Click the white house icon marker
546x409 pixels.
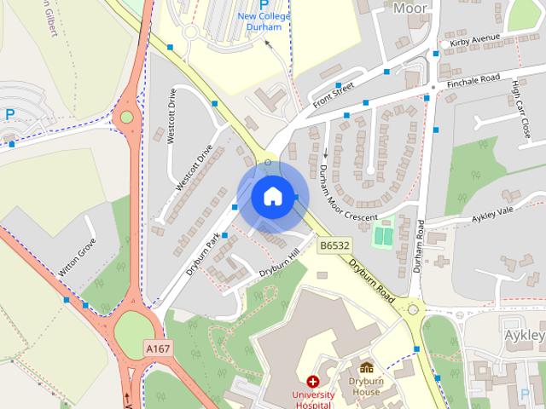pos(272,196)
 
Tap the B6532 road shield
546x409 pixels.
pos(334,245)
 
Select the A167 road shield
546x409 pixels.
pos(157,349)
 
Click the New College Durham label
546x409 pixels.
pos(264,21)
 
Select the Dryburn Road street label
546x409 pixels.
pos(372,279)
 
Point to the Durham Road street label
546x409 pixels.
pos(419,251)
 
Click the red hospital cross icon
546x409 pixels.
pos(313,382)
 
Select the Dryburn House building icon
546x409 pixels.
pos(367,368)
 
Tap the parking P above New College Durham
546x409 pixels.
pos(264,4)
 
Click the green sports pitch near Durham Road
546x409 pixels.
pos(384,235)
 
